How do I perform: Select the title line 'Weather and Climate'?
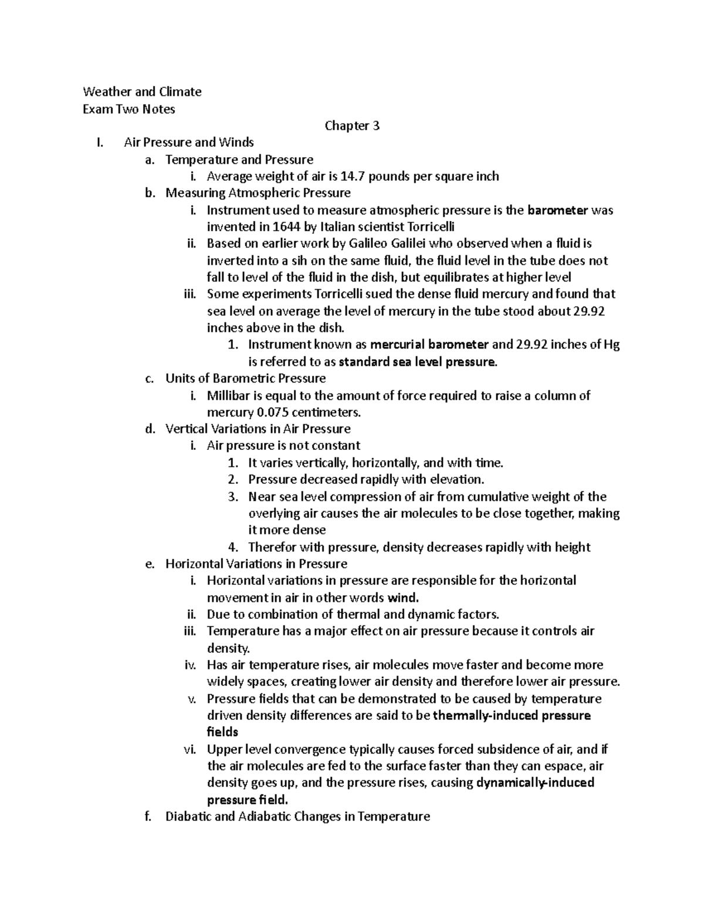142,92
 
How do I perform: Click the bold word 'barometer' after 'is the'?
557,210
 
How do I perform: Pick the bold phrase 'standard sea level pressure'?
418,362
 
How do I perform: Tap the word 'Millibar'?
229,395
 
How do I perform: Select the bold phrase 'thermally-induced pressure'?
511,716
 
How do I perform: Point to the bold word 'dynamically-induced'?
536,783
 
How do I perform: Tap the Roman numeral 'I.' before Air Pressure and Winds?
98,142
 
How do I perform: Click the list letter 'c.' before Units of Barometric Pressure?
149,378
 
